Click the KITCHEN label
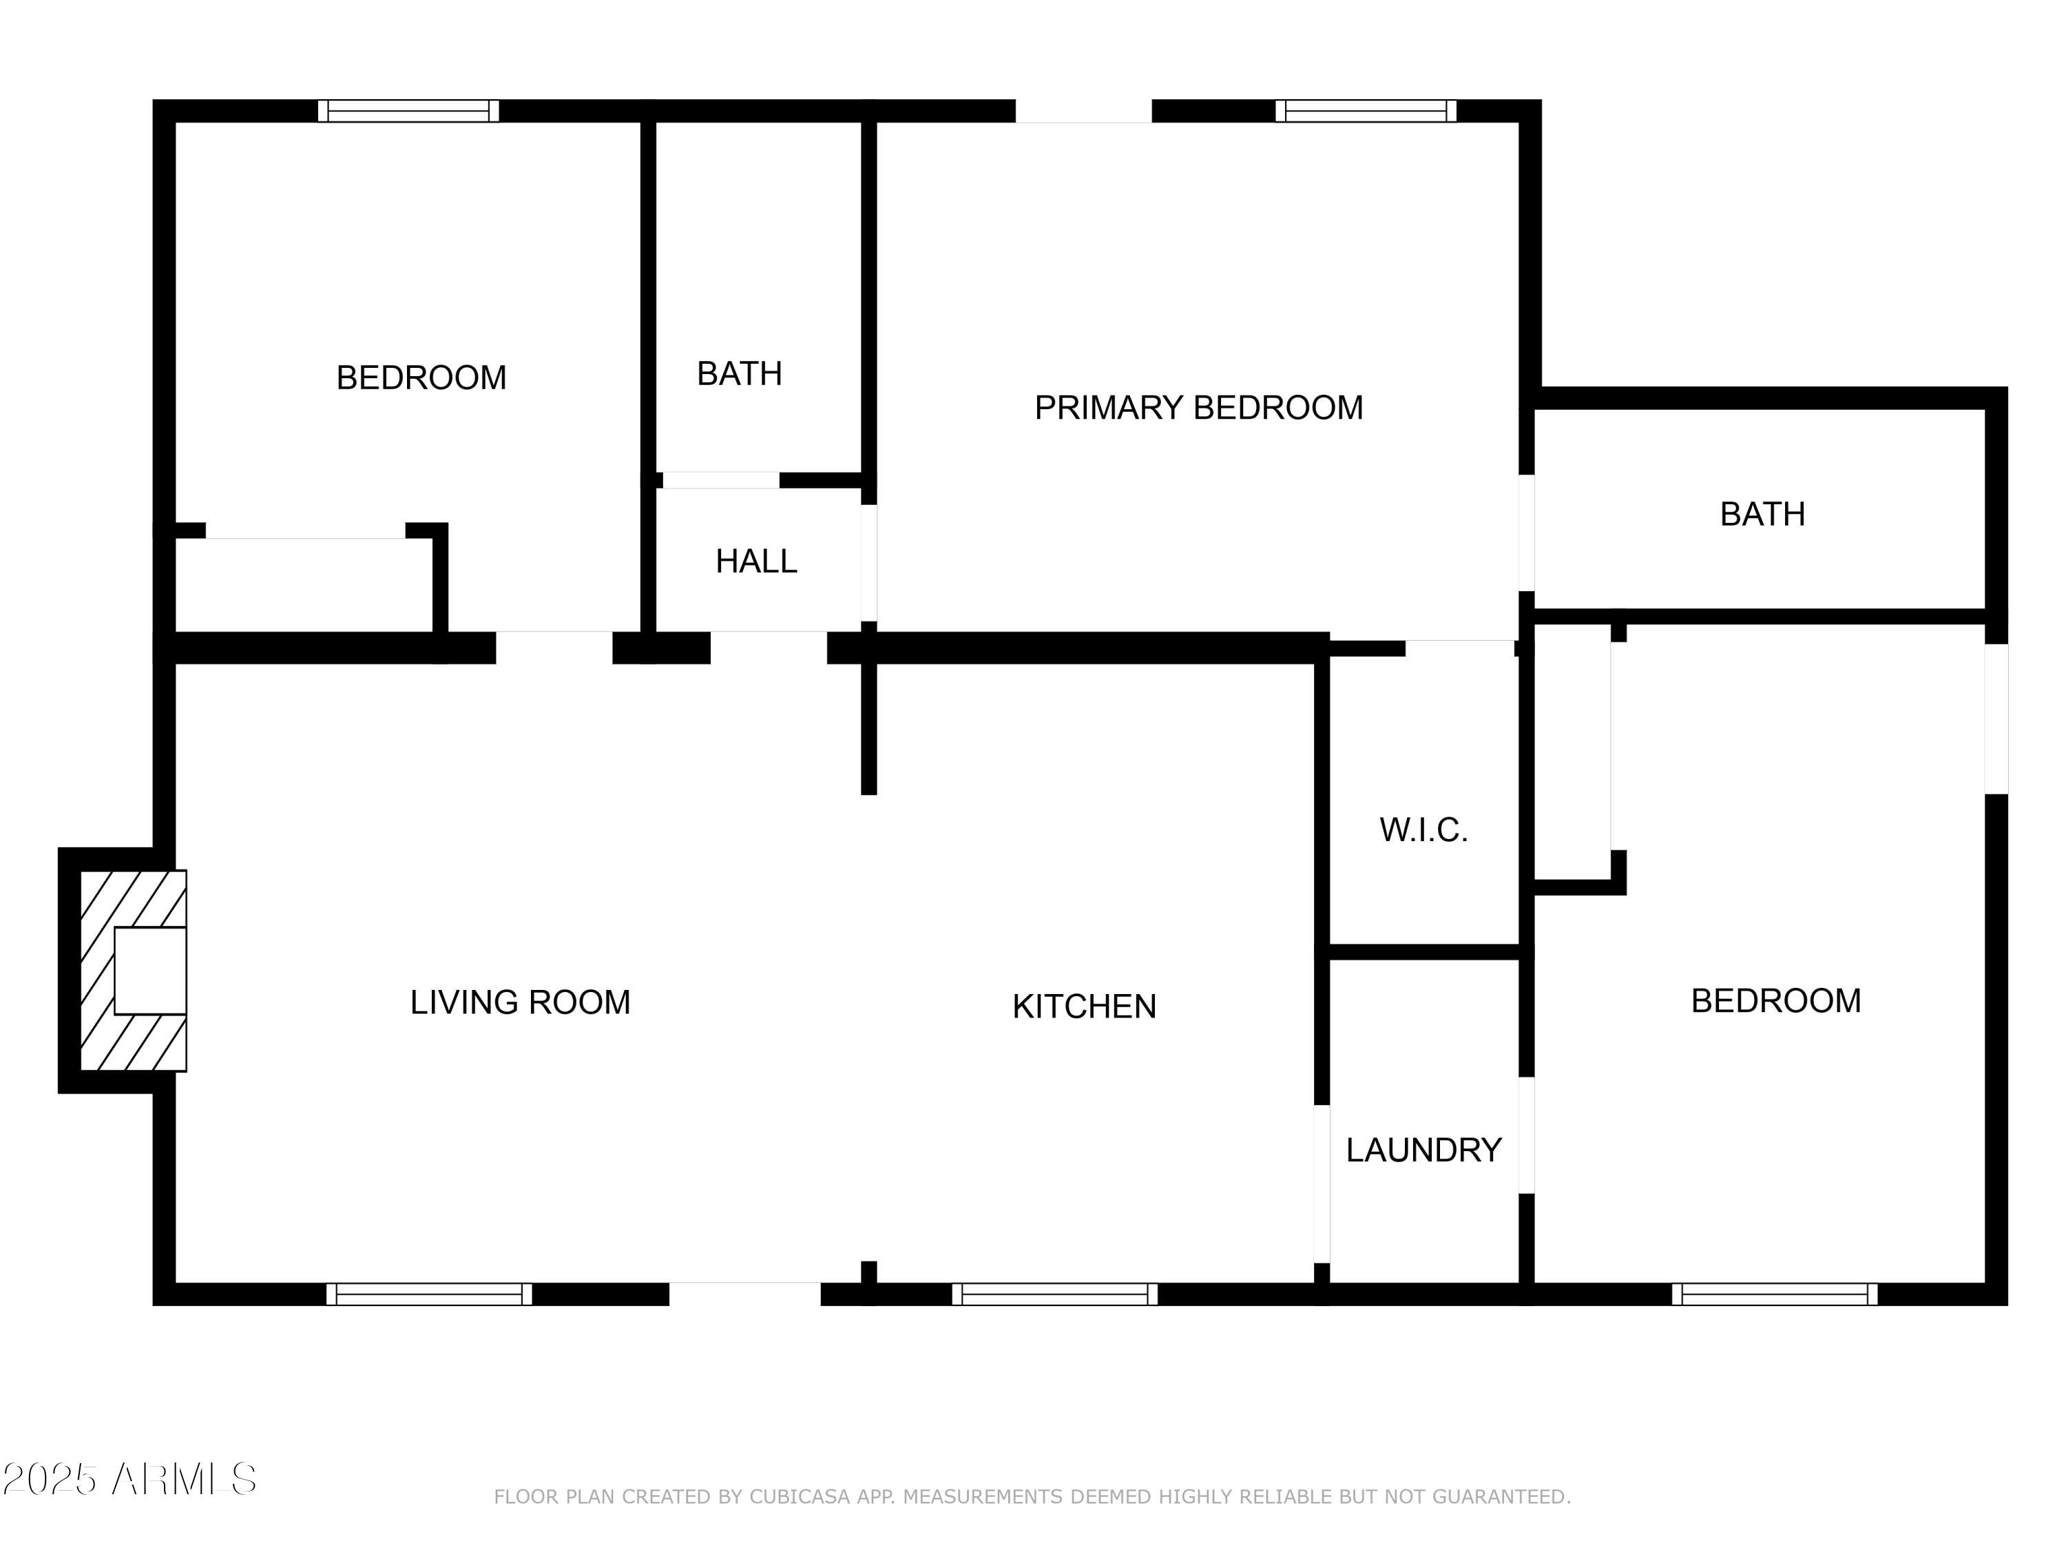(1085, 1006)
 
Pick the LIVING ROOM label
(520, 1002)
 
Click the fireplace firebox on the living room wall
(150, 971)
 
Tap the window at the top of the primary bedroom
(1366, 111)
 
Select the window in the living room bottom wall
(429, 1294)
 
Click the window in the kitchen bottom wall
(1054, 1294)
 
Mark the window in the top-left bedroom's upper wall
(408, 111)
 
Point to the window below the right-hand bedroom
(1773, 1294)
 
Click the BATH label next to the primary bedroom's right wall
(1762, 514)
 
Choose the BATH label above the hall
(739, 373)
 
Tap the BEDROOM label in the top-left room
(421, 378)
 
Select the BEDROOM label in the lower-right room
(1775, 1001)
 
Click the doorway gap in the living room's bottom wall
(744, 1294)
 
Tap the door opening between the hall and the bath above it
(721, 480)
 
